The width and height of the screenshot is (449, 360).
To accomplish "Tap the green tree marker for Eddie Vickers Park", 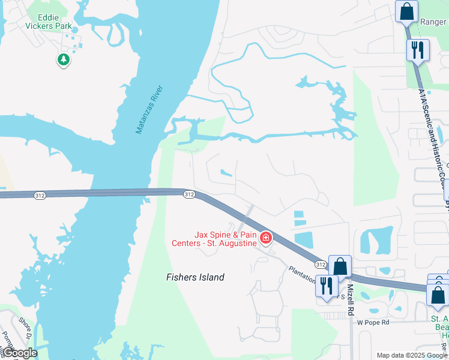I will point(63,59).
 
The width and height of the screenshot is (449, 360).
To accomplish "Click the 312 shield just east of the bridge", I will point(188,194).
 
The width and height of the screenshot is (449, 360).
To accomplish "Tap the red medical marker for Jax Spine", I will point(265,239).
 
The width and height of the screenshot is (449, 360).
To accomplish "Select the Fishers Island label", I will point(195,277).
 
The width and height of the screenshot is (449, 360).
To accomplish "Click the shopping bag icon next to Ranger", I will point(406,11).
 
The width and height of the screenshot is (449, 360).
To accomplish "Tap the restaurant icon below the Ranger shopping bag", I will point(417,49).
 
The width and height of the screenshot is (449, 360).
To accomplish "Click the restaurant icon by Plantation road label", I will point(326,285).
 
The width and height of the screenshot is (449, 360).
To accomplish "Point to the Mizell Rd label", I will point(351,301).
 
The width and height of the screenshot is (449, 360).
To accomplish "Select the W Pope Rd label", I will point(373,322).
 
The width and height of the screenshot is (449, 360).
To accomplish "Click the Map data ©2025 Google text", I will point(411,355).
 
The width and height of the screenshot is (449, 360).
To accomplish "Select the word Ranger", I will point(432,22).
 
